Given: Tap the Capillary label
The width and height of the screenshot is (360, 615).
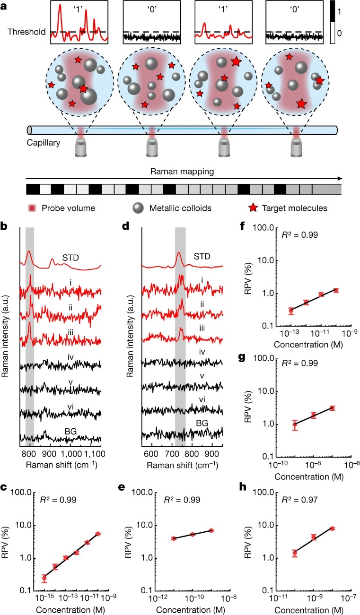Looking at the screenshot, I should tap(43, 142).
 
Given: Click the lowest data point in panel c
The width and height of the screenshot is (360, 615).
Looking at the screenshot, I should tap(44, 578).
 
